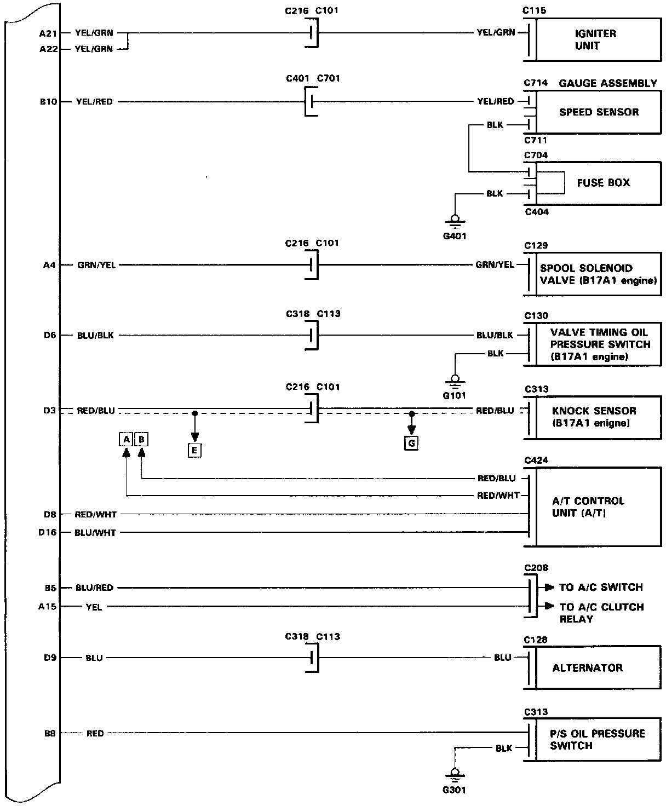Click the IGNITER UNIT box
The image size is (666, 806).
597,40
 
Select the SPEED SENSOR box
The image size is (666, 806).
598,112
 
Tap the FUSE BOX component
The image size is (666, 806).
602,183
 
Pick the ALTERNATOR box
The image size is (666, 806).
597,668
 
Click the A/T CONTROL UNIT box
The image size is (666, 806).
597,507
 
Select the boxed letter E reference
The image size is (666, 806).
194,451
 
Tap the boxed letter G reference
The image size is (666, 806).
411,442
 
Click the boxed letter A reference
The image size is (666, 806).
126,439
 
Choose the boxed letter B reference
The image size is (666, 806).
141,439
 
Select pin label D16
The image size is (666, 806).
48,532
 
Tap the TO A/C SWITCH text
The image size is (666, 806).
600,588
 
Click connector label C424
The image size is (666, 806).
536,460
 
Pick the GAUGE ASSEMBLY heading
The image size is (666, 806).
607,83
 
